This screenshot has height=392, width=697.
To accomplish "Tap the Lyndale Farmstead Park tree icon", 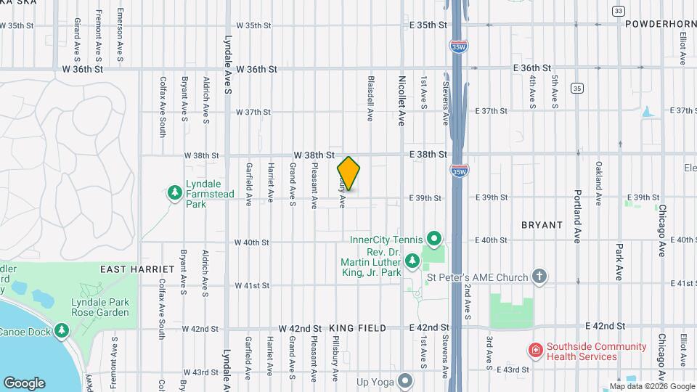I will coord(174,192).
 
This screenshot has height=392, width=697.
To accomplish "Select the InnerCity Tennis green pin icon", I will coord(434,238).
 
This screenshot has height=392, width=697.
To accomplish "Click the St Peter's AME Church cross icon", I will coord(539,276).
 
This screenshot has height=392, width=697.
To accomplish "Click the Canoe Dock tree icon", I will coord(62,331).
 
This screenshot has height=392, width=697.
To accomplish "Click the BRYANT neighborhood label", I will coord(542,225).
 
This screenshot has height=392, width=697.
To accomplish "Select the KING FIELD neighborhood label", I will coord(355,329).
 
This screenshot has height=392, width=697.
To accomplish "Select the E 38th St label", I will coord(427,155).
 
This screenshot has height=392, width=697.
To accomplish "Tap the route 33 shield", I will coord(618,11).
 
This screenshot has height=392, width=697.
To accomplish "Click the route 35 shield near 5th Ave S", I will coord(576,88).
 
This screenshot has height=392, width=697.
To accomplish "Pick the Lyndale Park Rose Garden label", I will coord(100,307).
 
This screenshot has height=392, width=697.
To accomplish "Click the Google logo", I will coord(24,383).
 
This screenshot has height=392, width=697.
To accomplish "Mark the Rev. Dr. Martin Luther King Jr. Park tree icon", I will coord(412,260).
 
